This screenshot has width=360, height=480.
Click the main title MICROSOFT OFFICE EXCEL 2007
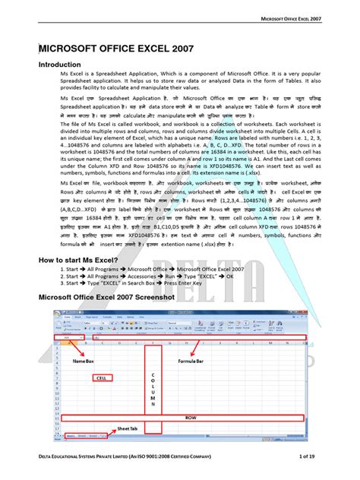[x=115, y=50]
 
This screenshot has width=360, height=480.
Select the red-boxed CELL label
[x=103, y=377]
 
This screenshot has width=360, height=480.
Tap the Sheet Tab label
[x=128, y=429]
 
